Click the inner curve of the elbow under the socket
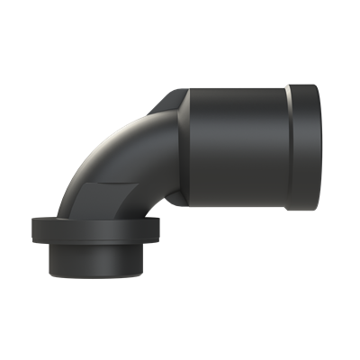(x=166, y=202)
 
